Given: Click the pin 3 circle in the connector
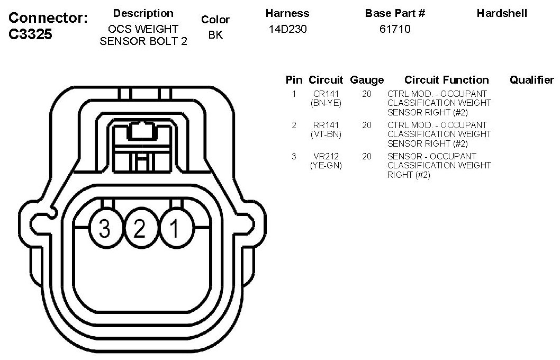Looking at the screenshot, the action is click(x=105, y=229).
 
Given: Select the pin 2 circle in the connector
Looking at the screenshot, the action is click(x=140, y=229).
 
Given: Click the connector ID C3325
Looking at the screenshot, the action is click(x=31, y=34).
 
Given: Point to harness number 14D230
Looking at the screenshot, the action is click(x=287, y=29).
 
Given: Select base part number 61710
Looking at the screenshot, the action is click(x=395, y=29).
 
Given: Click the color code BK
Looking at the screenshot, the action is click(x=215, y=36).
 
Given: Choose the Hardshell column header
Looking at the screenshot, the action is click(x=502, y=13).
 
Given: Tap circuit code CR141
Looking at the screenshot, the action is click(x=326, y=94).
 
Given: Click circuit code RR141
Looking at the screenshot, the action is click(x=326, y=125).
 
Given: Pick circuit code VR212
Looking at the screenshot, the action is click(x=326, y=157).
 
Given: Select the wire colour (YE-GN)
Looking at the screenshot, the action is click(x=326, y=166).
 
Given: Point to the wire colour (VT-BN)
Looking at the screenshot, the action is click(x=326, y=134).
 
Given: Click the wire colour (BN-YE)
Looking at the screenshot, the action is click(x=326, y=103).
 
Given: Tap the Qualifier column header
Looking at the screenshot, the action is click(x=531, y=80).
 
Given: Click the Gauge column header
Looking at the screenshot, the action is click(x=367, y=80).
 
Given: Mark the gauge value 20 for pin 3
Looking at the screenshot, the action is click(x=367, y=157).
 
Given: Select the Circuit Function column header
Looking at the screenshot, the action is click(x=446, y=80).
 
